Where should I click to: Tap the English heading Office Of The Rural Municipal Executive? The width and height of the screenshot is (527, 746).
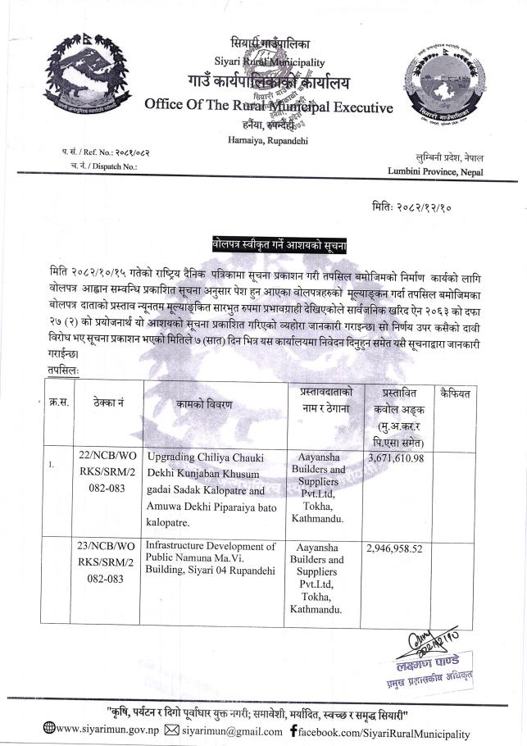pos(268,106)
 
